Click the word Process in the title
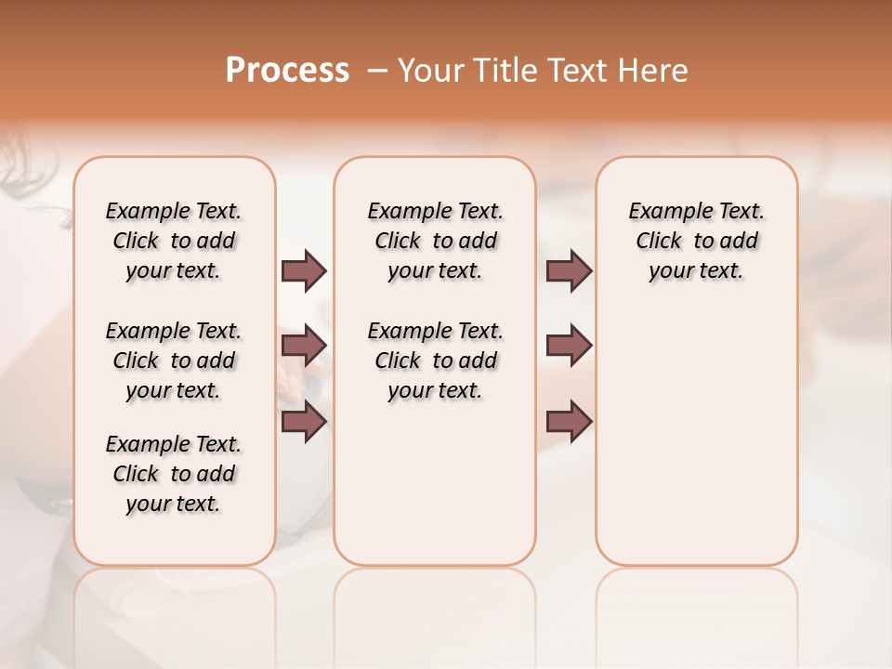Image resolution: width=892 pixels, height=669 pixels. [287, 71]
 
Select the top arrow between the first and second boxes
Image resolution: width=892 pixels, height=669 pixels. [304, 271]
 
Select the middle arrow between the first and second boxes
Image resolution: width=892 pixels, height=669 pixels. [304, 347]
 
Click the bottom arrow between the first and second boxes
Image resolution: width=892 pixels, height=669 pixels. [304, 422]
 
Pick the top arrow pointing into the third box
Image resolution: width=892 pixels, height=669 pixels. [569, 271]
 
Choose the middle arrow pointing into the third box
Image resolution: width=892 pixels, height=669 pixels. [569, 347]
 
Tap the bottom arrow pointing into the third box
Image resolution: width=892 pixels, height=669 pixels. [569, 422]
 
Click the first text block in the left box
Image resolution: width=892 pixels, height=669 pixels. [174, 241]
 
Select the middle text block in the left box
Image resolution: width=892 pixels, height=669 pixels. [174, 361]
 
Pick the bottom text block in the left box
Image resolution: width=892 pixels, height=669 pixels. [174, 474]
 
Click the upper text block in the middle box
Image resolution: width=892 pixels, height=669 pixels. [435, 241]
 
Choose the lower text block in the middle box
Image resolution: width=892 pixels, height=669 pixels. [435, 361]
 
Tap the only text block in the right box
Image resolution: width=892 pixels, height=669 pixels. [696, 241]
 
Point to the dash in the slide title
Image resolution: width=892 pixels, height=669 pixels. [377, 71]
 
